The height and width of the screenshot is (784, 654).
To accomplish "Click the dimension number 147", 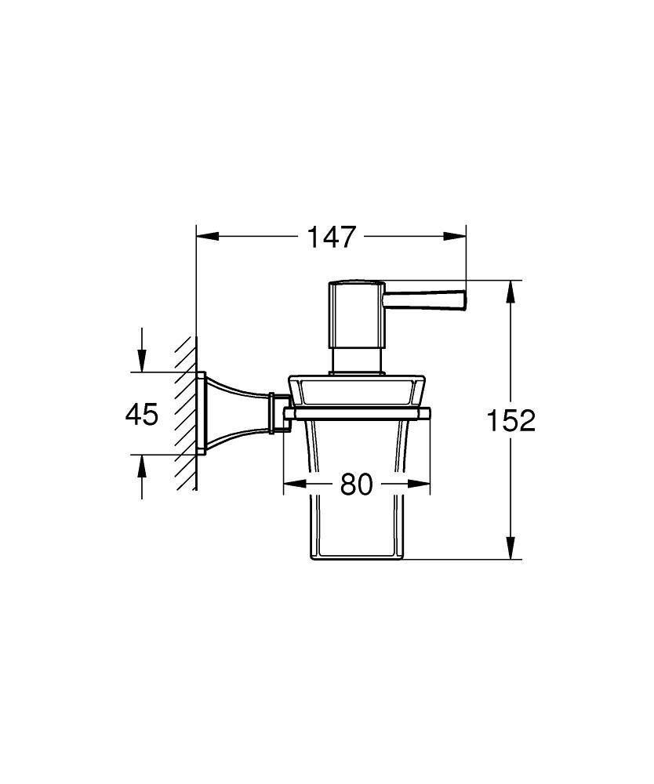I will [x=332, y=236].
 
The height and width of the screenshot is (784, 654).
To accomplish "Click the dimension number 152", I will [x=510, y=421].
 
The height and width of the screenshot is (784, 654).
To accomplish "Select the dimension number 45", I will [x=142, y=414].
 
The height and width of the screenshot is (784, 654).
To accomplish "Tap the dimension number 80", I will [x=356, y=485].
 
